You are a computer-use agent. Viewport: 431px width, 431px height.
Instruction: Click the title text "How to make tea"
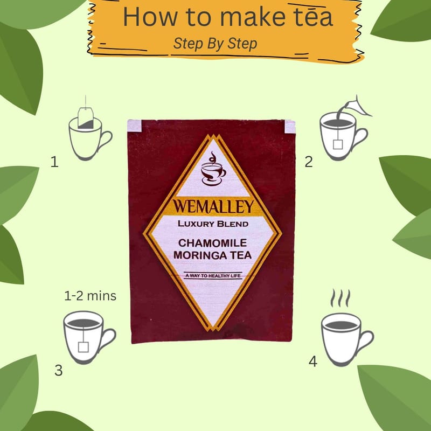[228, 17]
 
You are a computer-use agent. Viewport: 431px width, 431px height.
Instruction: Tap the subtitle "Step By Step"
[215, 44]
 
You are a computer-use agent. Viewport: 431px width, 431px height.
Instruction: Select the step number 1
[54, 162]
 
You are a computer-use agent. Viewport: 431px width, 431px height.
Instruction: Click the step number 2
[309, 162]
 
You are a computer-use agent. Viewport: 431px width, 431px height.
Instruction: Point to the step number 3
[59, 370]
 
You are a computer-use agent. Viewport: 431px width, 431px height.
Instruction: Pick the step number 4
[313, 362]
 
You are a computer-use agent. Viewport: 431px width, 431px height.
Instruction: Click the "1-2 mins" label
[90, 296]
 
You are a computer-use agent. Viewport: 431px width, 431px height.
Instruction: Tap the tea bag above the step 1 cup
[86, 117]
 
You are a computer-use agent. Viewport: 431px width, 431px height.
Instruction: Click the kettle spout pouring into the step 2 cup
[354, 107]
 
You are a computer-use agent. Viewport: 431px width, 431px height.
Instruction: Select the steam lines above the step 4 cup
[340, 298]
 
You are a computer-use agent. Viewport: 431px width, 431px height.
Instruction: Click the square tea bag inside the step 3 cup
[84, 347]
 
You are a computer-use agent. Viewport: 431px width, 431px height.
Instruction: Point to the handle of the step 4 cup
[366, 341]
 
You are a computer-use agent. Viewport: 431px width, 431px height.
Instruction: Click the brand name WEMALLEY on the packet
[213, 206]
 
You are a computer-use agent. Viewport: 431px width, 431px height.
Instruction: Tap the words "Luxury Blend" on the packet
[213, 224]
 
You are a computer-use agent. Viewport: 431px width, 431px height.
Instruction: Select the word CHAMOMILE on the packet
[212, 243]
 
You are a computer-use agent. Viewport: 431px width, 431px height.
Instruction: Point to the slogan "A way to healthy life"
[213, 276]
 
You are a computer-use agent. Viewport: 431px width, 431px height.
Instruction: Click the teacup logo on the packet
[213, 168]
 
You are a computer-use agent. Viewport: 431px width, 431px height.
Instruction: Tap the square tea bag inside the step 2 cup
[338, 144]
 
